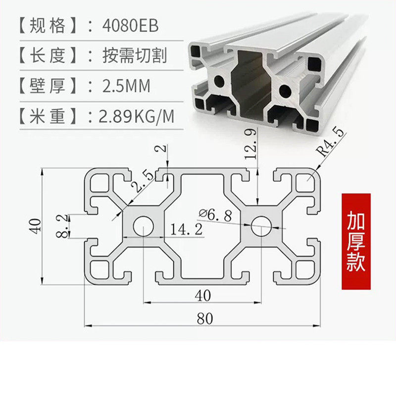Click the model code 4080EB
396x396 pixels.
129,25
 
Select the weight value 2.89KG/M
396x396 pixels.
137,117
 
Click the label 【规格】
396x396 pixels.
49,25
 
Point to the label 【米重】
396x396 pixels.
49,117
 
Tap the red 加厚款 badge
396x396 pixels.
356,242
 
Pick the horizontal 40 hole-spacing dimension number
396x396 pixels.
202,295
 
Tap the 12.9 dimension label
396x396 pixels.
250,145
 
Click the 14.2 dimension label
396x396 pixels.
186,229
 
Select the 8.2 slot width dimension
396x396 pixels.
62,225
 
